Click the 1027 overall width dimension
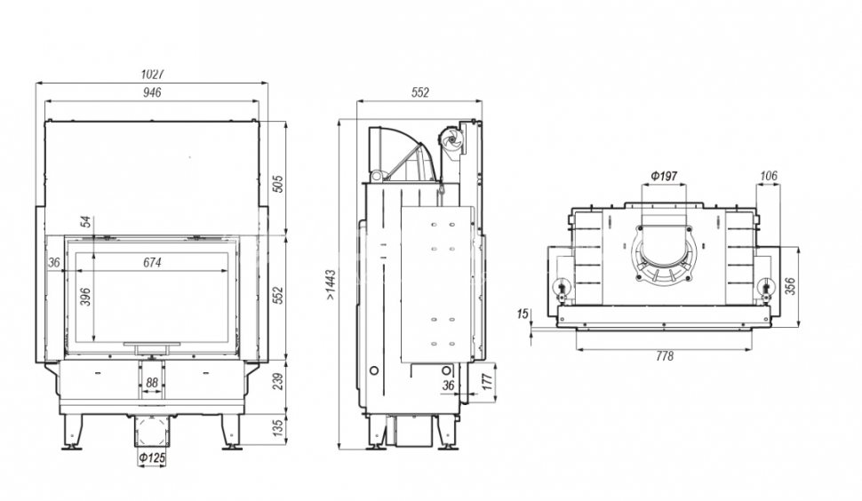point(152,74)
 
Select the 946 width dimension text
point(152,92)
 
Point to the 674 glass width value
point(152,263)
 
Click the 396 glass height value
point(85,298)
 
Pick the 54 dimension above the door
point(85,222)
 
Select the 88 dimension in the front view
point(152,383)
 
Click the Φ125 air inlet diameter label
point(152,457)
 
